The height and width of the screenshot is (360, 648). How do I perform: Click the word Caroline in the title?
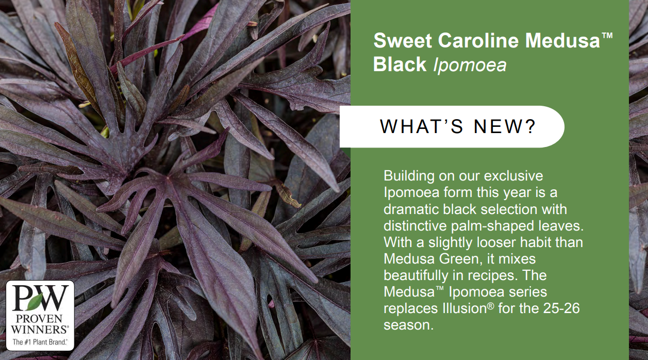[478, 40]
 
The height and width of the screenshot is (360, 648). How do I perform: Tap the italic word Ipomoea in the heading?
[470, 66]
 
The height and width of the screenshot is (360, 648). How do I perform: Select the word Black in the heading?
[400, 64]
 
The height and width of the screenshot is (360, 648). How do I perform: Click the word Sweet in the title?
[403, 40]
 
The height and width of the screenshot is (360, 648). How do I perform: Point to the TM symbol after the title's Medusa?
[607, 35]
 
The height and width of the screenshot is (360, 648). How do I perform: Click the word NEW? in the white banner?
[505, 126]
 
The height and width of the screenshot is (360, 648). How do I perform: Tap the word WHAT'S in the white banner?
[422, 126]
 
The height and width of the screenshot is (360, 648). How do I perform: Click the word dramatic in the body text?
[411, 209]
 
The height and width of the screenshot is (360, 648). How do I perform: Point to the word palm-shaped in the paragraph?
[492, 226]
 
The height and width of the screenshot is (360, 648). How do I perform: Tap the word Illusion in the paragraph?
[464, 308]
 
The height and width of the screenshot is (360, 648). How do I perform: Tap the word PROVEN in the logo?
[39, 319]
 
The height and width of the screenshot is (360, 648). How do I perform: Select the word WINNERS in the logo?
[39, 330]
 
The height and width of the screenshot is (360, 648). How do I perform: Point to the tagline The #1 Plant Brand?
[40, 342]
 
